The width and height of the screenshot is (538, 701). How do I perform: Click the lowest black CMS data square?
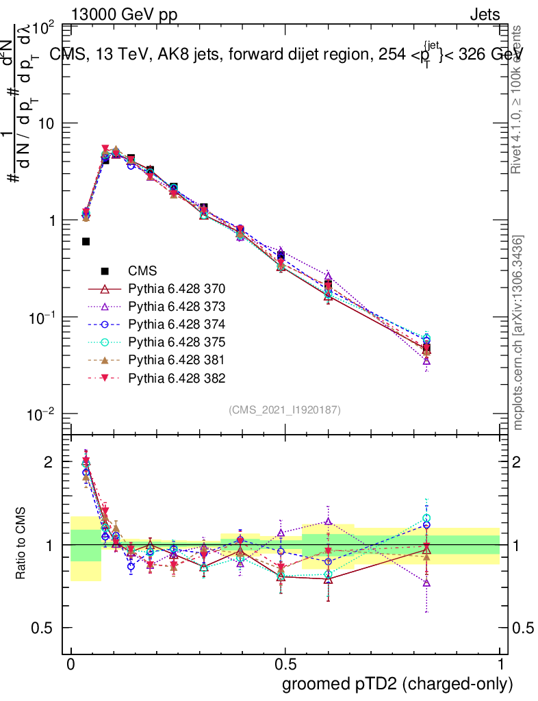(x=86, y=241)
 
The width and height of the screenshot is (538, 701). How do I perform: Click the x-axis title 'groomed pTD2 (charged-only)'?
(x=397, y=683)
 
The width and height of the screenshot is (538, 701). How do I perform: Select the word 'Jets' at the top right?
(x=485, y=14)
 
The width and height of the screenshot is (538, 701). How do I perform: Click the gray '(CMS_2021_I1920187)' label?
(x=285, y=409)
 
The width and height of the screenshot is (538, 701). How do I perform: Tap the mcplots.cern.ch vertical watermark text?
(x=519, y=333)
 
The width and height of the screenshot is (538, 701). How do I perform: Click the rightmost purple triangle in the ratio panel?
(x=426, y=583)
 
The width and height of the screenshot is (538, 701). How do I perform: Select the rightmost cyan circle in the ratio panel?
(x=426, y=518)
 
